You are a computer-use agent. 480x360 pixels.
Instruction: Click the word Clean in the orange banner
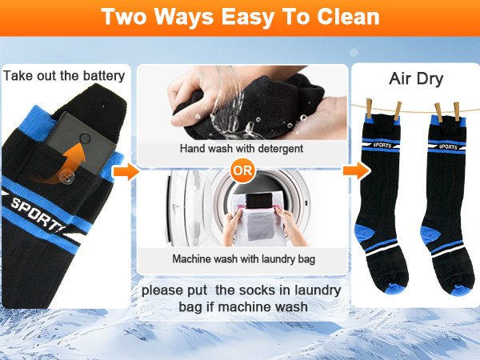(348, 17)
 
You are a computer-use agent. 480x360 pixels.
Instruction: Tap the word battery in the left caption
(104, 76)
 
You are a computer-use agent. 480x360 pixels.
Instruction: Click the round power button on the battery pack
(85, 138)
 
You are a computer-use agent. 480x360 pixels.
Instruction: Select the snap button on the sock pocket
(66, 177)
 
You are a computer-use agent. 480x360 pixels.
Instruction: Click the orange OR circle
(242, 170)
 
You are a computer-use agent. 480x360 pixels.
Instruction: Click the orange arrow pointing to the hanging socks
(357, 170)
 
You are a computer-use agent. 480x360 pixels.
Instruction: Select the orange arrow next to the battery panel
(126, 171)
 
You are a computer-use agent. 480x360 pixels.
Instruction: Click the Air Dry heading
(416, 78)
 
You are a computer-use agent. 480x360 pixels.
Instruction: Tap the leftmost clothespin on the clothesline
(369, 108)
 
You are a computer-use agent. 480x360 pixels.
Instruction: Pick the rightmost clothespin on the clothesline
(457, 111)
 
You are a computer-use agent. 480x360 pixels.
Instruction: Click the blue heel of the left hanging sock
(364, 233)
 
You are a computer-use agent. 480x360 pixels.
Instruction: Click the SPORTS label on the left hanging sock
(382, 145)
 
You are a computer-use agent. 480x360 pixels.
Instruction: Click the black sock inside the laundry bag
(259, 200)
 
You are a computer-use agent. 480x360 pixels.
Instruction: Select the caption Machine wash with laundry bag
(244, 259)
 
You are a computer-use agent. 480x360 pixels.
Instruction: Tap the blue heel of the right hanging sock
(430, 234)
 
